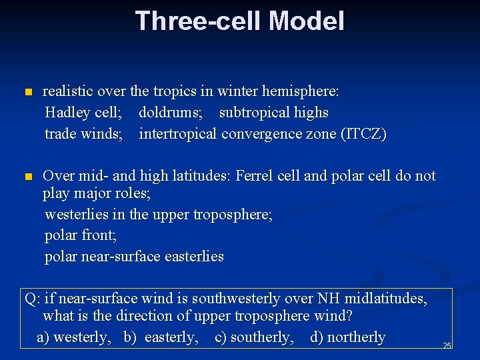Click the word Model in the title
(x=306, y=21)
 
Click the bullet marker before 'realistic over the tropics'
(x=27, y=92)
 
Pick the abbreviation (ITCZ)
(x=363, y=134)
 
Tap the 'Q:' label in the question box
(x=33, y=299)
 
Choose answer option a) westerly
(x=74, y=337)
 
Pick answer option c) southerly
(x=254, y=337)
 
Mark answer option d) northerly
(x=348, y=337)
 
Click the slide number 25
(x=447, y=345)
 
